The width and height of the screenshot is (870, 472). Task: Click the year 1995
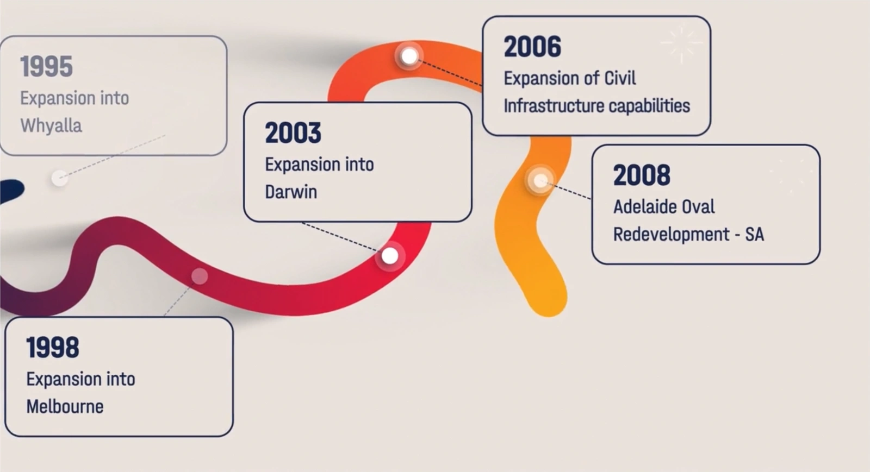click(x=46, y=67)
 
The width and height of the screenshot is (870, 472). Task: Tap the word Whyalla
click(x=51, y=126)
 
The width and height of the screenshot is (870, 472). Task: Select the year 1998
click(x=52, y=348)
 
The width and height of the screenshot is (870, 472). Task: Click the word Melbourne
click(x=65, y=406)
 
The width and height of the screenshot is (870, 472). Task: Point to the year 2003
click(x=293, y=133)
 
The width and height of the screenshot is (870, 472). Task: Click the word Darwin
click(x=291, y=192)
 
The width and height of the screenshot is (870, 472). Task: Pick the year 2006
click(x=532, y=47)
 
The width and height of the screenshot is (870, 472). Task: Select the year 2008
click(x=642, y=175)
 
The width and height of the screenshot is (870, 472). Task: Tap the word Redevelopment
click(x=672, y=235)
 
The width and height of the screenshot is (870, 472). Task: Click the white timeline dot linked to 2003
click(x=389, y=256)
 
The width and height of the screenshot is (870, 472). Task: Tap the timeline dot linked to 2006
click(x=409, y=56)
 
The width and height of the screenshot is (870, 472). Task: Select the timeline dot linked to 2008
click(x=540, y=180)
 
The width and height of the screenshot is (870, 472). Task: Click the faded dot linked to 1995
click(x=59, y=178)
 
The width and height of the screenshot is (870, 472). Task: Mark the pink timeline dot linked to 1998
click(x=200, y=276)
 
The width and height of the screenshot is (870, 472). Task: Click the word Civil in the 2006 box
click(x=620, y=78)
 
